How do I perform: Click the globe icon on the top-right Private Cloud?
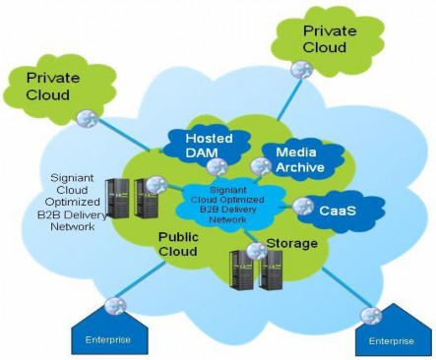303,71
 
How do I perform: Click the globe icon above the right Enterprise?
371,316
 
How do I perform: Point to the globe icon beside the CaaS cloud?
302,207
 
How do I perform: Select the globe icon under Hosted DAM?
217,166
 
